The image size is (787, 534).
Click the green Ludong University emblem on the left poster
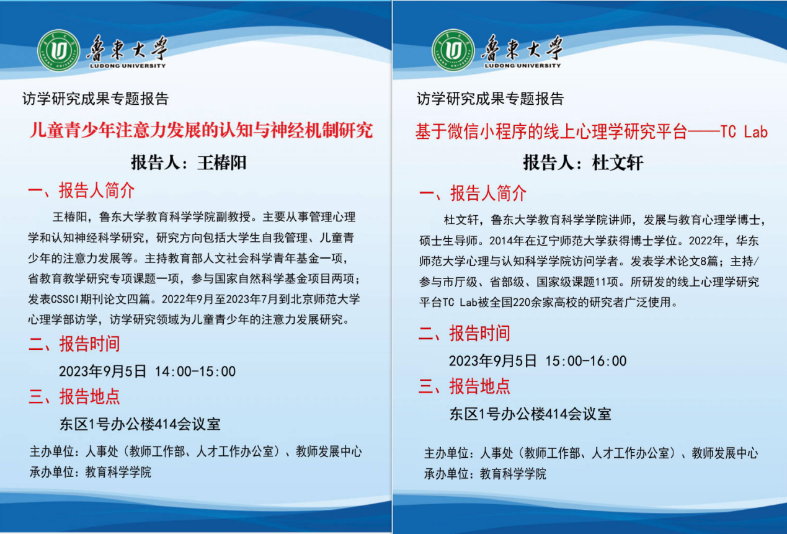(59, 50)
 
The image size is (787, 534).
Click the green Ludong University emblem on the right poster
(453, 50)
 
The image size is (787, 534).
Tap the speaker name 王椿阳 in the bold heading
(222, 162)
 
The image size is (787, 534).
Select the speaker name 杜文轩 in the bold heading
(618, 162)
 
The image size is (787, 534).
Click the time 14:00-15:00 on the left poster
(195, 372)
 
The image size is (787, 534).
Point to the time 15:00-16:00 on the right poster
(585, 361)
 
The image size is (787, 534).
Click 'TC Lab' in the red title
(744, 131)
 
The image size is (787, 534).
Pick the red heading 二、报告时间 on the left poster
(74, 344)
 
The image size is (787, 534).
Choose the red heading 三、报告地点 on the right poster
(464, 386)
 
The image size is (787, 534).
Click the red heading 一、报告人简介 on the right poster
(473, 193)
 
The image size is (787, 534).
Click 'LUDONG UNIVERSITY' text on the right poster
(522, 66)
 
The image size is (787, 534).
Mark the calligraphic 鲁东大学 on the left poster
(127, 48)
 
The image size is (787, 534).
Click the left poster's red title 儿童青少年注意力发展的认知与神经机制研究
(201, 130)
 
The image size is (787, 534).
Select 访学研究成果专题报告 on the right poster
(491, 99)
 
